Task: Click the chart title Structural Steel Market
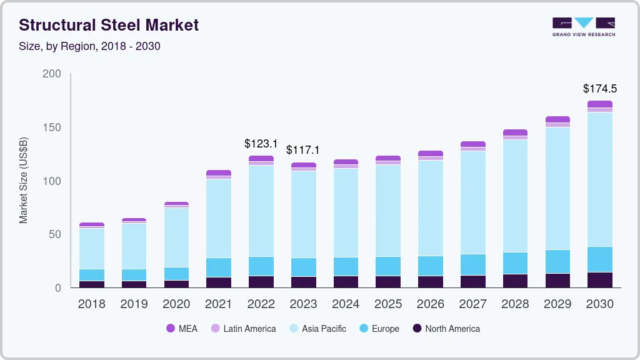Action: [x=109, y=25]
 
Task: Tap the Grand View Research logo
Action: [x=584, y=27]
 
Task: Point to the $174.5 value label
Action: [x=600, y=89]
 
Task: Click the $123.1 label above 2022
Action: [x=261, y=144]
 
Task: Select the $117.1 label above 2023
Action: [x=303, y=150]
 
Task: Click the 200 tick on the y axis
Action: [x=52, y=74]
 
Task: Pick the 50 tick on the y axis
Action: [x=55, y=234]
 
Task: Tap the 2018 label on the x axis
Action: [x=92, y=304]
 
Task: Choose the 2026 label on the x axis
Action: [x=431, y=304]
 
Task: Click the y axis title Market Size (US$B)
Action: [x=24, y=180]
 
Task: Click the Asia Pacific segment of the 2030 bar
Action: [x=600, y=179]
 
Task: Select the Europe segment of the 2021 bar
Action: [x=219, y=267]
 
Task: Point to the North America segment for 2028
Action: [x=515, y=281]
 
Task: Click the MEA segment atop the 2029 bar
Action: [x=557, y=119]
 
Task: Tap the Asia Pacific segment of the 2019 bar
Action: [x=134, y=246]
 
